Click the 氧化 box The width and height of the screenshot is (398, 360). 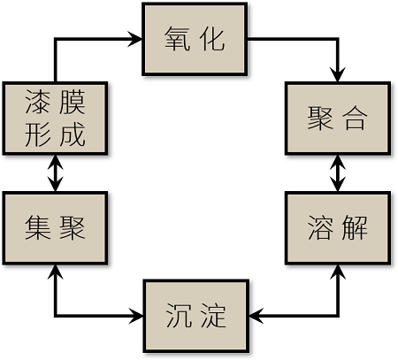195,39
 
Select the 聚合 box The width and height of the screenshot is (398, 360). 338,119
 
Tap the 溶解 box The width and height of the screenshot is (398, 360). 338,228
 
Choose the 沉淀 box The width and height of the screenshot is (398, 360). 196,316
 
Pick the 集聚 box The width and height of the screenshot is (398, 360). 55,228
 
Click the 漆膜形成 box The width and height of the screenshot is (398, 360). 55,119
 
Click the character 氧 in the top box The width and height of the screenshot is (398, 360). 177,39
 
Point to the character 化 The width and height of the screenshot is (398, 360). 212,39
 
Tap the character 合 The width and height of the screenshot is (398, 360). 356,118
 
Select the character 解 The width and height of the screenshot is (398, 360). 356,227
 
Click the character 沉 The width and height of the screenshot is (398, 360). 179,316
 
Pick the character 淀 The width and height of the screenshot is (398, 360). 214,316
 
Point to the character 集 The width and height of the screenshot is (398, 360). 38,227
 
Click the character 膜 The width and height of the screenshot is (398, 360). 73,102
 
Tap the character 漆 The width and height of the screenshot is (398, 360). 38,102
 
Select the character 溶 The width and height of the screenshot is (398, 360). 320,227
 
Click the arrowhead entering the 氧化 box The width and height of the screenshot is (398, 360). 135,39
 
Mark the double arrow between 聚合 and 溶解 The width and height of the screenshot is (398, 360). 338,173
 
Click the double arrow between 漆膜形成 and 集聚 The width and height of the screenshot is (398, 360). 56,173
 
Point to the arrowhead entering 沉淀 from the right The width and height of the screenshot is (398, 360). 256,316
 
